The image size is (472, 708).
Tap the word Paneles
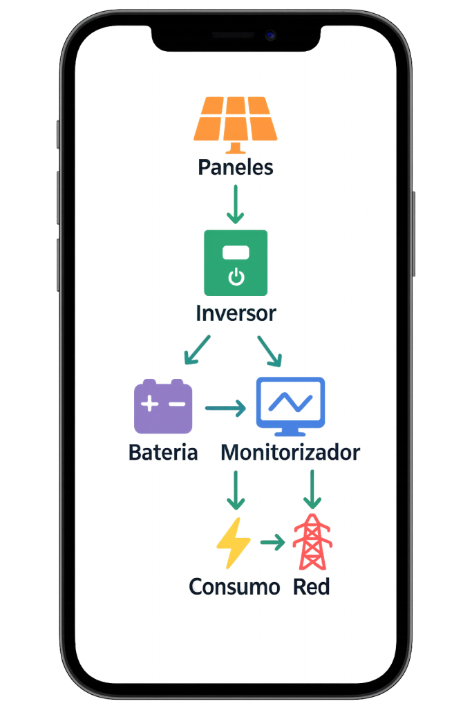point(236,167)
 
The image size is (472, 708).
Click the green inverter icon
point(236,263)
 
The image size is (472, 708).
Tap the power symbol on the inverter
point(236,278)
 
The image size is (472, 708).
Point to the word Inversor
point(236,313)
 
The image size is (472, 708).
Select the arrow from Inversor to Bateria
point(197,350)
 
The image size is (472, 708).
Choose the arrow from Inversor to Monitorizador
point(270,351)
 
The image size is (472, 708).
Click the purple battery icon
point(163,407)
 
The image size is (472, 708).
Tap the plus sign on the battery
point(149,404)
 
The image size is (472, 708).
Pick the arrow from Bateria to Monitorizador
point(225,409)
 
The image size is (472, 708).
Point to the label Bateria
point(163,453)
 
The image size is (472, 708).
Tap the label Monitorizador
point(290,453)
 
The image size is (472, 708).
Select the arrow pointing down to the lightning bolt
point(236,490)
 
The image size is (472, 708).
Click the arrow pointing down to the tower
point(312,490)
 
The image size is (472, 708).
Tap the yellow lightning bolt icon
point(234,543)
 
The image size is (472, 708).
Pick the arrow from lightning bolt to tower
point(272,543)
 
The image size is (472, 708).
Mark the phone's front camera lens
point(270,35)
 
